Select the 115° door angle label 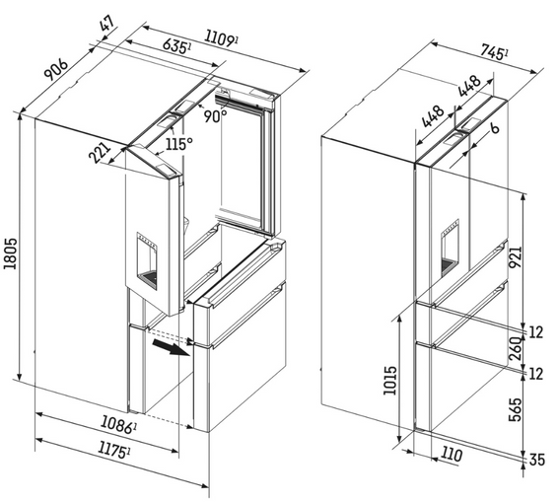(x=179, y=143)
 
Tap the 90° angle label (x=216, y=114)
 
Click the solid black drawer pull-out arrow (x=177, y=351)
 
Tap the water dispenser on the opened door (x=153, y=258)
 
